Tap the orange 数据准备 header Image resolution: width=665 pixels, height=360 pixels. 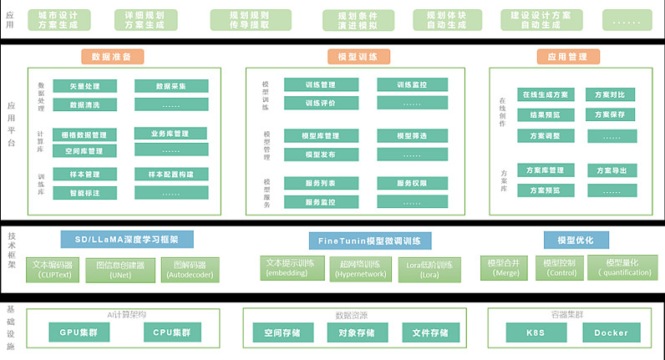(113, 57)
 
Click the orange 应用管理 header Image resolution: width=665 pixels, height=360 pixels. (568, 57)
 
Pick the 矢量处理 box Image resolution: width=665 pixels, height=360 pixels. (84, 86)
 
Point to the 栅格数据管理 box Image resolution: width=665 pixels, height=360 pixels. (84, 134)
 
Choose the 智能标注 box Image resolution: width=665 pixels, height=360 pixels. (84, 192)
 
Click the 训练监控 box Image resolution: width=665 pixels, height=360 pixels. (412, 84)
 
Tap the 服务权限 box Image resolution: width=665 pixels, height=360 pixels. (412, 183)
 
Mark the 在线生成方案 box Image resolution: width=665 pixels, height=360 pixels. (546, 94)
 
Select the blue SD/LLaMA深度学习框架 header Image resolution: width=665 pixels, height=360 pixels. (127, 240)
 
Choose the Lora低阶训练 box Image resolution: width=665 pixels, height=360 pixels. (429, 269)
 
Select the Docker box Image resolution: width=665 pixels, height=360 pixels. (611, 332)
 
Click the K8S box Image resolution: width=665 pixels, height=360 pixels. (536, 332)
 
